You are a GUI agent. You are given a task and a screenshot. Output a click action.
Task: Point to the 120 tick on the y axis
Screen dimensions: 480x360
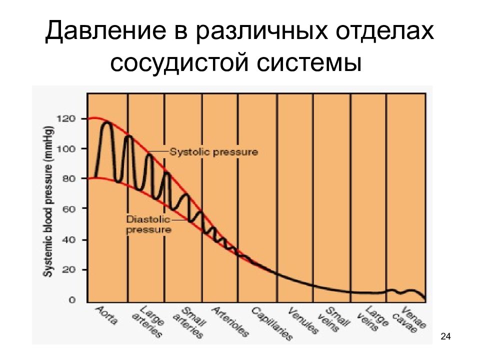(x=65, y=118)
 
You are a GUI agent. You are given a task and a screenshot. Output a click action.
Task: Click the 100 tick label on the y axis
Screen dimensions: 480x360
(x=65, y=149)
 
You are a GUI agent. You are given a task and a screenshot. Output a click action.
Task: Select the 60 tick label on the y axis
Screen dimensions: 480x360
(x=68, y=209)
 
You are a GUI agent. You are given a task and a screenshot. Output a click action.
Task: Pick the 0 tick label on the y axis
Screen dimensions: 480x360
(x=72, y=299)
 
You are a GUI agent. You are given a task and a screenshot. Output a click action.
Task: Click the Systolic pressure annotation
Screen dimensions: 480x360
(x=213, y=152)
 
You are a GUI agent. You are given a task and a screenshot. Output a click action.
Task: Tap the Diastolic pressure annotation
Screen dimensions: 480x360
(x=148, y=224)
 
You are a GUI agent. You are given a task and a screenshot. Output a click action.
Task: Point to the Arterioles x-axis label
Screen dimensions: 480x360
(x=230, y=321)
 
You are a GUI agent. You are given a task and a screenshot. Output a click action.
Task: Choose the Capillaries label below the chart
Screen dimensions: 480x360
(x=272, y=323)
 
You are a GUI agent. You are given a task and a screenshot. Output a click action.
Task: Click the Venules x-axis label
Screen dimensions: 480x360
(x=303, y=320)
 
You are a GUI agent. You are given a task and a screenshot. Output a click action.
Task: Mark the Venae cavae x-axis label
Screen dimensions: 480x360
(x=409, y=319)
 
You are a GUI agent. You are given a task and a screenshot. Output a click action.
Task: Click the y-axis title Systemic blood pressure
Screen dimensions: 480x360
(x=48, y=201)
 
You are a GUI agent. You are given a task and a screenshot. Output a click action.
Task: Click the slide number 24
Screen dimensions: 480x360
(x=445, y=336)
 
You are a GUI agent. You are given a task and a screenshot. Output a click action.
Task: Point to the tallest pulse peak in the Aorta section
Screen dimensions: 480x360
(x=107, y=123)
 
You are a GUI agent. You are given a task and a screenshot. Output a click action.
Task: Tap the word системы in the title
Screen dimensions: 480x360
(x=309, y=63)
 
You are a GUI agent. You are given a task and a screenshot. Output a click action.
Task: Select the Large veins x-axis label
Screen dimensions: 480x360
(x=372, y=318)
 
